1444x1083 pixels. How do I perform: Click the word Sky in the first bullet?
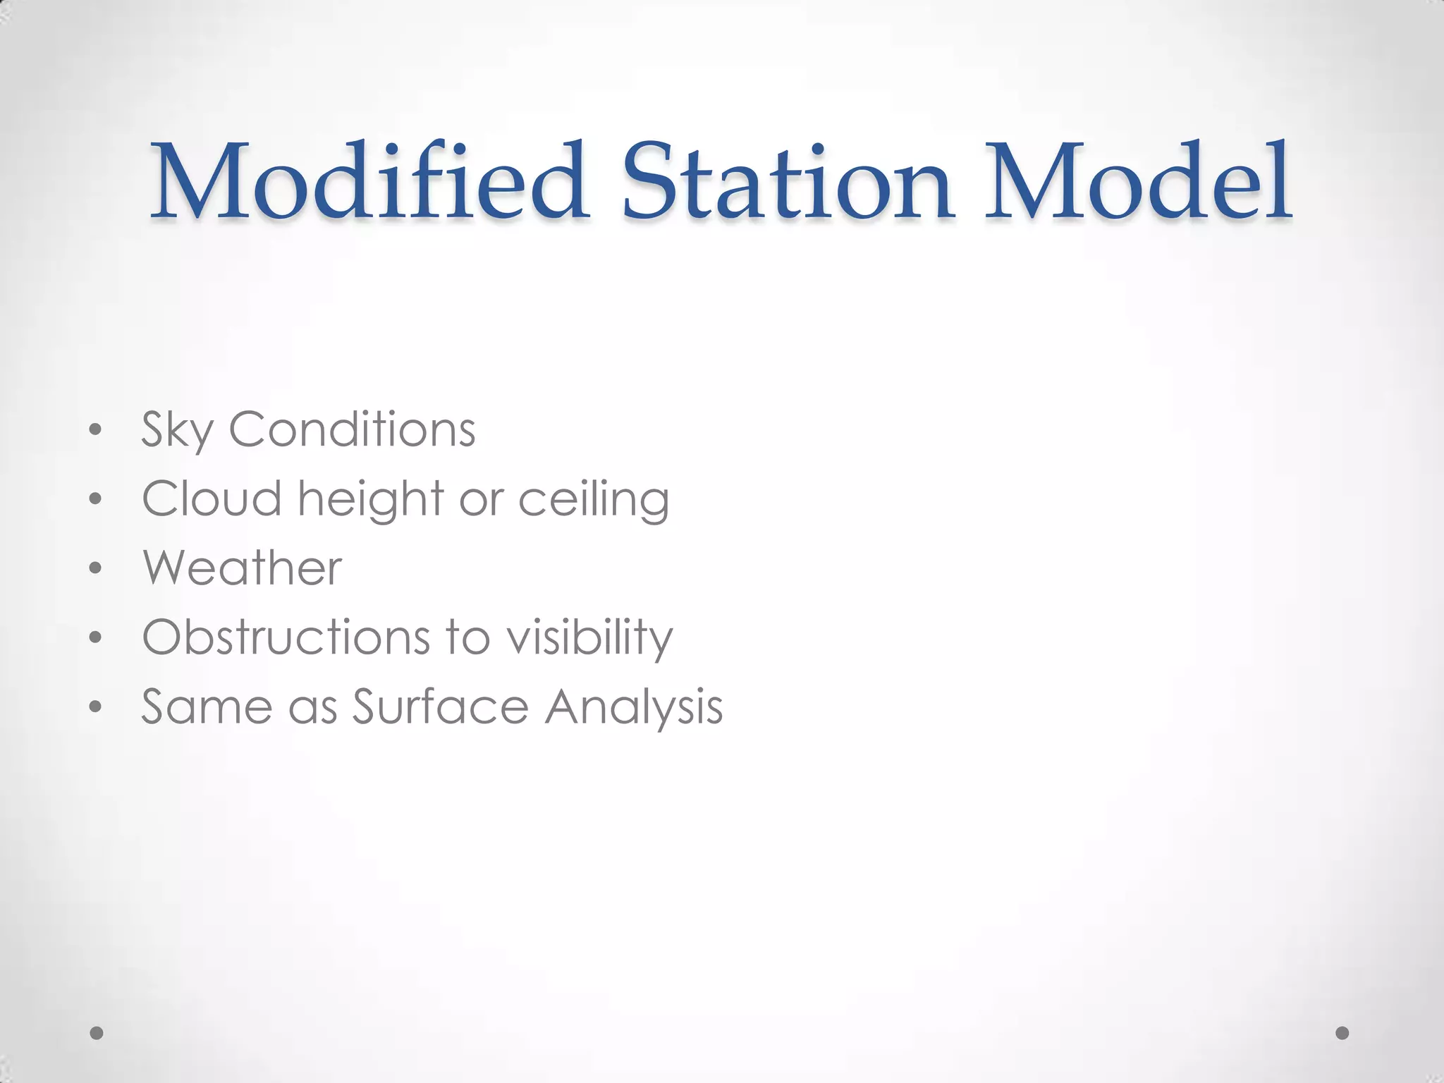[x=176, y=430]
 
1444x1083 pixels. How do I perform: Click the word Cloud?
[x=212, y=498]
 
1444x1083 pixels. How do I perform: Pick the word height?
[x=371, y=499]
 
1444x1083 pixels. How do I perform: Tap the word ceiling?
[x=594, y=499]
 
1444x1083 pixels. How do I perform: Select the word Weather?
[x=243, y=568]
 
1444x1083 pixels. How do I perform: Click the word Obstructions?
[x=286, y=637]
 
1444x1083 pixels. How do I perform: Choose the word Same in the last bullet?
[x=207, y=706]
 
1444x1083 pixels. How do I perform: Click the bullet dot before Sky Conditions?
[x=96, y=429]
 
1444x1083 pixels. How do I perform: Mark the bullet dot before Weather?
[x=96, y=568]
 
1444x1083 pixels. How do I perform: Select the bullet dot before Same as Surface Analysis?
[x=96, y=707]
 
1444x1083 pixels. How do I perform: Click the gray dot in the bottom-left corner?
[x=97, y=1033]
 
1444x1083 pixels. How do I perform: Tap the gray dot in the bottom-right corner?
[x=1342, y=1033]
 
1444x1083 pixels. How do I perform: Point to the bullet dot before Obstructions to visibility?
[x=96, y=637]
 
